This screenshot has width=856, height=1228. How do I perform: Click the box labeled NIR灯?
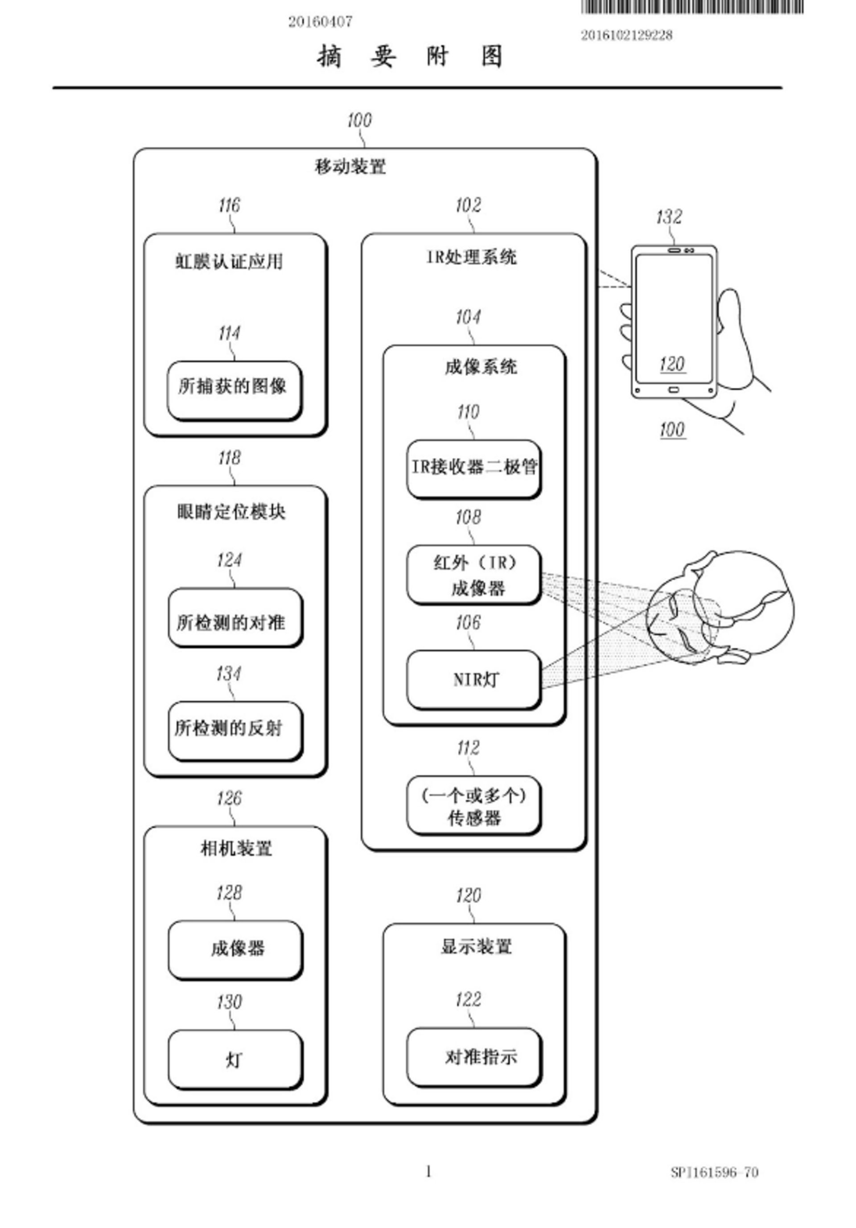tap(473, 680)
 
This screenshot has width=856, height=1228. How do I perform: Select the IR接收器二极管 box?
tap(473, 468)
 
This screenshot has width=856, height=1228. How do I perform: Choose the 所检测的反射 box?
tap(235, 730)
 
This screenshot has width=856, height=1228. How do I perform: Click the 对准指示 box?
tap(473, 1057)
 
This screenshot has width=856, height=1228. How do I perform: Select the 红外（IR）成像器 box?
tap(473, 575)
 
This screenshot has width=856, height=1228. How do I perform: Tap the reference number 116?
tap(229, 205)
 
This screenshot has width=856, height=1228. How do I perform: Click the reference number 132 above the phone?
tap(669, 217)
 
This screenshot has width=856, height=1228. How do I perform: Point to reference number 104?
tap(468, 318)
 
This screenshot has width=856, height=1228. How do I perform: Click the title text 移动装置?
tap(350, 167)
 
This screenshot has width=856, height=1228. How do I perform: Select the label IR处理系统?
tap(471, 257)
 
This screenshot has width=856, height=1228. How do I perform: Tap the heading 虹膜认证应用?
tap(229, 262)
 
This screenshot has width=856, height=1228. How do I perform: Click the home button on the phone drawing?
tap(674, 390)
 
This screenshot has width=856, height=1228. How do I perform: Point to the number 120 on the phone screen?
tap(672, 365)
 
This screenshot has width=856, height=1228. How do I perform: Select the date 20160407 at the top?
tap(320, 22)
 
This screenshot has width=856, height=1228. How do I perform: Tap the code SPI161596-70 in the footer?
tap(714, 1172)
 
